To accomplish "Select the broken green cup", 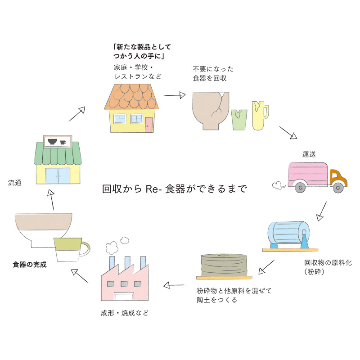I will point(239,119).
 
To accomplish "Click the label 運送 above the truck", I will point(308,154).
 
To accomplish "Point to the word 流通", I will point(15,183).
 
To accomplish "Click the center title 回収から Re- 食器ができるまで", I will point(175,189).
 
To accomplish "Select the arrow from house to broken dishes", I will point(175,95).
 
